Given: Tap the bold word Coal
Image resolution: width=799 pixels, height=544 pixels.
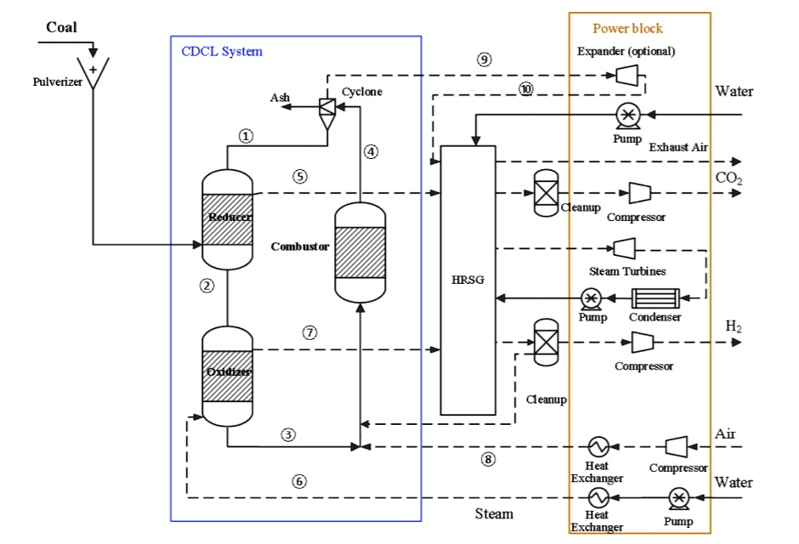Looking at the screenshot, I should point(61,28).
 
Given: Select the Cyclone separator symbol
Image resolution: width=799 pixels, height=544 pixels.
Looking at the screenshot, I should point(326,109).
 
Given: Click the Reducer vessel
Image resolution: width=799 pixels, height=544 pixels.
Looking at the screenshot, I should point(228,218).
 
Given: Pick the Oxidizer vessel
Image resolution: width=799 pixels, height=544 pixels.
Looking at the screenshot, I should point(228,375).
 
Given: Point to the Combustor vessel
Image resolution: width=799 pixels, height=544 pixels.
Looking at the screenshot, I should point(361,252).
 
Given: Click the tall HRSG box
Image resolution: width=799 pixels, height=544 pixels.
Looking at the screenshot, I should point(467,280).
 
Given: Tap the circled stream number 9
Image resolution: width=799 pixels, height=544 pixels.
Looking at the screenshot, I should point(484,60).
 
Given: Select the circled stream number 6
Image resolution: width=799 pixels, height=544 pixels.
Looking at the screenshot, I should point(298,481).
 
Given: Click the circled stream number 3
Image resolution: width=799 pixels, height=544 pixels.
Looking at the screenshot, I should point(288,434).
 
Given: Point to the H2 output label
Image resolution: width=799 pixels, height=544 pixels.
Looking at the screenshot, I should point(734,326).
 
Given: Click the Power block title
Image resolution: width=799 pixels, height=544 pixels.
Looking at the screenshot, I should point(627,28).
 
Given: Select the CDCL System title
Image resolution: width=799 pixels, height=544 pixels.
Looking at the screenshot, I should point(222,51).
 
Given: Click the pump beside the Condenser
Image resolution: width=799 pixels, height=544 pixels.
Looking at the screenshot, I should point(592,298).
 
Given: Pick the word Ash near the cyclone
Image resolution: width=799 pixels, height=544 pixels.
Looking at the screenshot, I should point(280,98).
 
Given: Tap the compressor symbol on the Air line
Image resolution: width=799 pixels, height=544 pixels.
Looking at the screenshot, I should point(677,446).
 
